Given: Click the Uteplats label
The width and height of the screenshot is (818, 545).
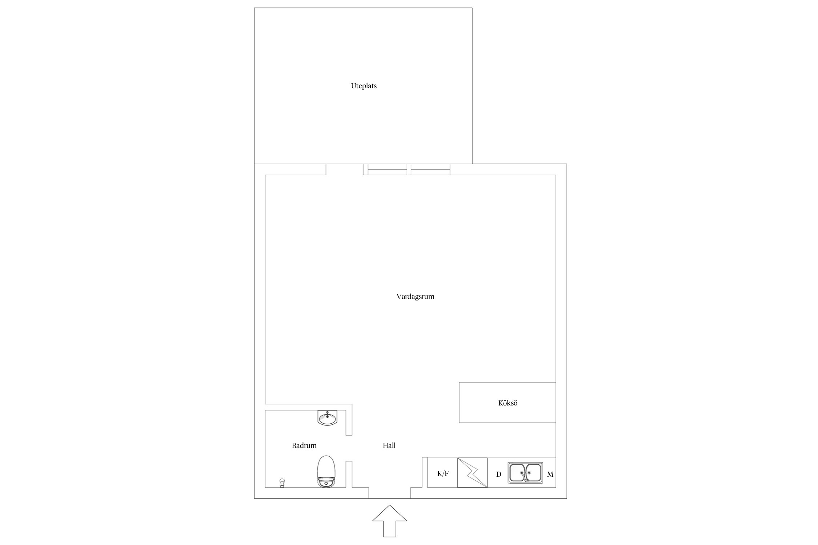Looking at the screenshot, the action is [364, 86].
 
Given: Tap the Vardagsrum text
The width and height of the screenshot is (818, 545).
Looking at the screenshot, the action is [415, 296].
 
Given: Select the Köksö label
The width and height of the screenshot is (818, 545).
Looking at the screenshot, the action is [508, 403].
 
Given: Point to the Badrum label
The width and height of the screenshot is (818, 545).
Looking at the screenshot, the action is [304, 445].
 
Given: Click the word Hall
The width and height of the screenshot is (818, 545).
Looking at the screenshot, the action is [389, 445].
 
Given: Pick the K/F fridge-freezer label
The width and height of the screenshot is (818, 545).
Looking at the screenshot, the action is [443, 473].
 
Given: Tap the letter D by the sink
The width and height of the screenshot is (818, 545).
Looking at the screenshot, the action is [499, 474].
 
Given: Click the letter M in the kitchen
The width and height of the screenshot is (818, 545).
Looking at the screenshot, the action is [550, 474].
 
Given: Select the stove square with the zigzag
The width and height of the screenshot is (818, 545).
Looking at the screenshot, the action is [472, 472].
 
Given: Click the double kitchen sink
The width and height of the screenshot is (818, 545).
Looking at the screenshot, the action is [525, 472].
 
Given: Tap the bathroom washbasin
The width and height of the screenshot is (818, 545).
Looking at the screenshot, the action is [327, 417].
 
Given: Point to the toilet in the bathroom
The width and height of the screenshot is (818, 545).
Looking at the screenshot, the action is [326, 471].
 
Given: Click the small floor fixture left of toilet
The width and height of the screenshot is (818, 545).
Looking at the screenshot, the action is [282, 483].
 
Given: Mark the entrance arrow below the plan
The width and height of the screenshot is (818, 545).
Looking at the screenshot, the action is [389, 521].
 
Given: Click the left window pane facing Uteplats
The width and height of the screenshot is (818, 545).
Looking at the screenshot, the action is [387, 169].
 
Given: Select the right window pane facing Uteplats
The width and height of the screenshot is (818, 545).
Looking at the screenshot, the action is [430, 169].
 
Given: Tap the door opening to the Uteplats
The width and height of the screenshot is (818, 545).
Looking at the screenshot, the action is [344, 169].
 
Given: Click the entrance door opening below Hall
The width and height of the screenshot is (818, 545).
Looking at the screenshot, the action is [389, 493].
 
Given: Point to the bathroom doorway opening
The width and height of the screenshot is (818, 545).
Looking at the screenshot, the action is [349, 448].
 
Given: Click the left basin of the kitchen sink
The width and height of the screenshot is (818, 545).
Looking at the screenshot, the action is [517, 472].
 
